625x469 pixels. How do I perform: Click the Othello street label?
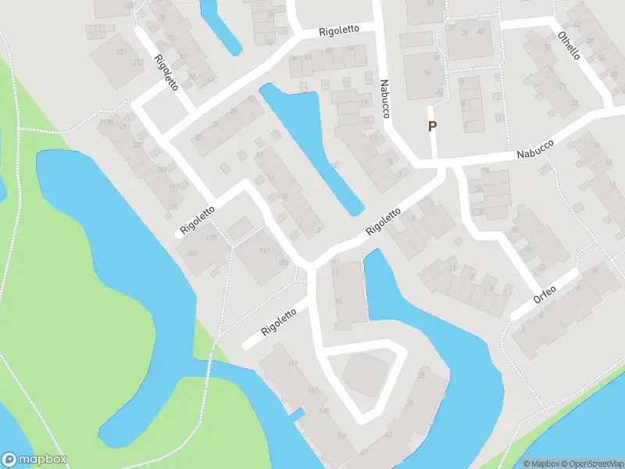569,46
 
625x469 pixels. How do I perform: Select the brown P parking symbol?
432,127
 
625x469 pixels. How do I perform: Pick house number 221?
121,52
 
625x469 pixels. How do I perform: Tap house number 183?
189,253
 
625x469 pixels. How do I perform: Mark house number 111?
293,365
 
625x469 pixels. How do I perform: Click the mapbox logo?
34,460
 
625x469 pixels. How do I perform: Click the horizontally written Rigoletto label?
339,30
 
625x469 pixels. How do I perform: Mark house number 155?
284,263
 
